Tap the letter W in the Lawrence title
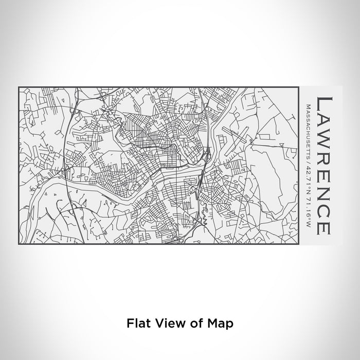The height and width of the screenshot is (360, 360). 326,137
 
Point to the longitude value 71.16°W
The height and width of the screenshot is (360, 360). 309,203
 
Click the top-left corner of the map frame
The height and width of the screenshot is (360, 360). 19,87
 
